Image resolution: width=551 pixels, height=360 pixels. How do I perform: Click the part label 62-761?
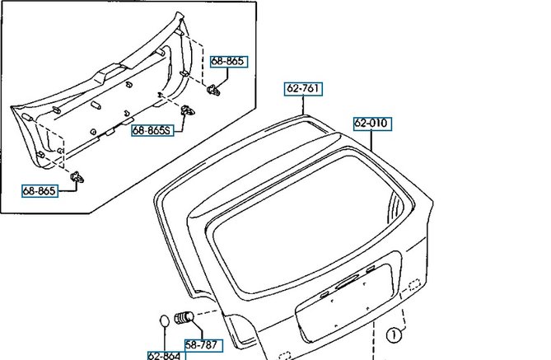tap(303, 89)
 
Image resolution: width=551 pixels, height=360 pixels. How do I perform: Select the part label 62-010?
tap(372, 124)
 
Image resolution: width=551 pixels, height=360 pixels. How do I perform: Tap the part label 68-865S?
tap(153, 131)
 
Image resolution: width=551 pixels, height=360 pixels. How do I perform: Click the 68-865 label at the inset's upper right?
tap(229, 62)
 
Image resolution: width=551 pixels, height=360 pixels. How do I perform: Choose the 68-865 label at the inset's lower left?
tap(40, 191)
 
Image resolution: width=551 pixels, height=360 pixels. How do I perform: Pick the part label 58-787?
tap(203, 345)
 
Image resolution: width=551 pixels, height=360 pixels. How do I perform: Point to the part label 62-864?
tap(166, 356)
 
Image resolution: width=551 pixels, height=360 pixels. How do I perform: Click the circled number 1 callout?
tap(394, 335)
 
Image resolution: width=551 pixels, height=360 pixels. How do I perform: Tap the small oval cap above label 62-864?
tap(165, 320)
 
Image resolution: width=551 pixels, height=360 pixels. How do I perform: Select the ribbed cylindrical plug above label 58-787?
tap(184, 317)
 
